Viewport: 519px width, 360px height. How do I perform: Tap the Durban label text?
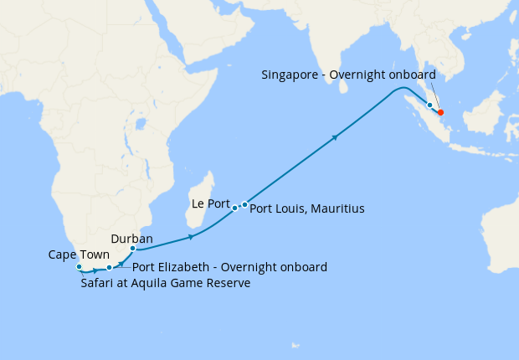coord(131,239)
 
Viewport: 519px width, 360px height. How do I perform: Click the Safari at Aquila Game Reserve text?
coord(166,284)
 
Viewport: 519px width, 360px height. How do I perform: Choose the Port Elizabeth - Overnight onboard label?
coord(229,268)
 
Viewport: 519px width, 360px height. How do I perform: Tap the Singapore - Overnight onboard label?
coord(348,75)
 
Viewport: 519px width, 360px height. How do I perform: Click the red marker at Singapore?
coord(441,112)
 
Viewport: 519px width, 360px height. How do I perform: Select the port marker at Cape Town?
coord(80,267)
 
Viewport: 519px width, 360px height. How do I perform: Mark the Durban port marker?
coord(133,249)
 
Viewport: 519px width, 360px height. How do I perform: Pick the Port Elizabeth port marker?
coord(110,268)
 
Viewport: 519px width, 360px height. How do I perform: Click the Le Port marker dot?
coord(235,207)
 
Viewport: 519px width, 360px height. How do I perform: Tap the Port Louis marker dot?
coord(244,204)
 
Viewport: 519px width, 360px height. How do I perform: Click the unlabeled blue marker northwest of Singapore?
coord(429,105)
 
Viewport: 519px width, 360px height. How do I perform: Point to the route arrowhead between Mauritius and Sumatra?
coord(336,137)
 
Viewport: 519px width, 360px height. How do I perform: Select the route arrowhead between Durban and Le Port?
coord(192,238)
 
